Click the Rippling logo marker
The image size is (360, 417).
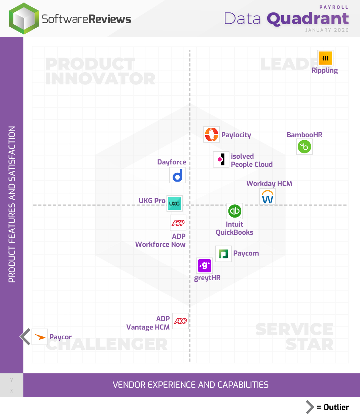325,58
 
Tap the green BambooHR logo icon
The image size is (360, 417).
304,147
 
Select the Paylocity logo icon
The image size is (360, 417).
212,135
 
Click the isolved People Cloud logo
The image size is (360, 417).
221,159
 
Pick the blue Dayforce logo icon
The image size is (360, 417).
177,175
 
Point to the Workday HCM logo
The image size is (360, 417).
268,197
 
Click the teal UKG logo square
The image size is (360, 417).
175,203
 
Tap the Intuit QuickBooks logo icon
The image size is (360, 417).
235,211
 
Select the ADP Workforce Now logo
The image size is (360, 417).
178,223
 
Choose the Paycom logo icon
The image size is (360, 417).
223,254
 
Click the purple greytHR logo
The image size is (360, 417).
205,266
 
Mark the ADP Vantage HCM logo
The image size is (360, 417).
180,321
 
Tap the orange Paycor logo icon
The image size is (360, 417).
40,337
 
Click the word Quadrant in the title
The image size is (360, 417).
308,18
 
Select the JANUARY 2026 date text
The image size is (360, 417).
327,30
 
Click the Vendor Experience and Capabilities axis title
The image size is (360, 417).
190,385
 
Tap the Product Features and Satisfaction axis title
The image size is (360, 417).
12,204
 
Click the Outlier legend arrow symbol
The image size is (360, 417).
310,407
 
